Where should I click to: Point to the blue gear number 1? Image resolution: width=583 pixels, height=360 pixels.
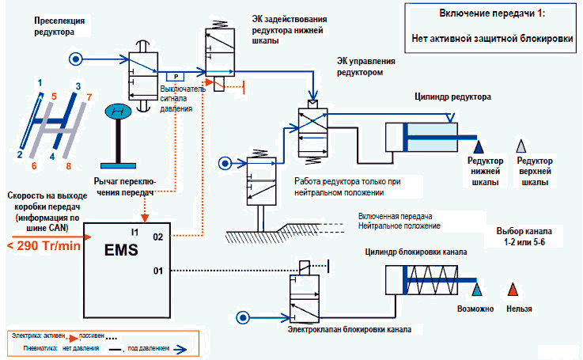click(x=40, y=82)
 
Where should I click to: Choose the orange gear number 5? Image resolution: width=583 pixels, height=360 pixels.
click(x=54, y=97)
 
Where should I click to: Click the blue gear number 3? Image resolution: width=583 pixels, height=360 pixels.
click(x=78, y=85)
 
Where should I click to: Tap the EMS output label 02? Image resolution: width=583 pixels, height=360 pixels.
click(x=157, y=236)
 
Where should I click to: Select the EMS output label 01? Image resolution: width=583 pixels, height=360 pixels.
click(x=157, y=271)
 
